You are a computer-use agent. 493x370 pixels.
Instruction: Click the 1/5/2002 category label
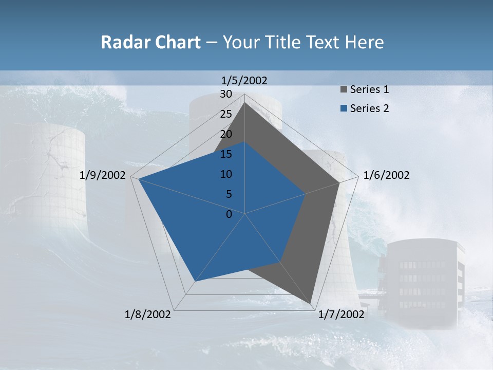point(244,80)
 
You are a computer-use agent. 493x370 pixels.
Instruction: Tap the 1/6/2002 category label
point(386,175)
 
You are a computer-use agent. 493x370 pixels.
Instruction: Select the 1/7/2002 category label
point(341,314)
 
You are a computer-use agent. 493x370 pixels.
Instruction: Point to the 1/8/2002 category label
point(148,314)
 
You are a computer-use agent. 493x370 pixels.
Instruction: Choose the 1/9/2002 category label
point(103,175)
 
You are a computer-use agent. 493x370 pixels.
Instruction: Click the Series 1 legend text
point(369,89)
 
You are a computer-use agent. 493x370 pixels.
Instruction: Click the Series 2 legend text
point(369,108)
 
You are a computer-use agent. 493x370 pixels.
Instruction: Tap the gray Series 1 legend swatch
point(343,90)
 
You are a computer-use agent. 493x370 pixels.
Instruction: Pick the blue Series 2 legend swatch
point(343,108)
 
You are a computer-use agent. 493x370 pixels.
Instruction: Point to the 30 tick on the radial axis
point(226,94)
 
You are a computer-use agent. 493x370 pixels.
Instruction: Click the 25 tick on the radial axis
point(226,114)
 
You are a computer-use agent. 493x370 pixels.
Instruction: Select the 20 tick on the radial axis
point(226,134)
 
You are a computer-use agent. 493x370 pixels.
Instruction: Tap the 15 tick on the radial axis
point(226,154)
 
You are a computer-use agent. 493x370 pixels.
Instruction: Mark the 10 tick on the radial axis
point(226,174)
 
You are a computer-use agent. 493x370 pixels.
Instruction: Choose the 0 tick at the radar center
point(229,214)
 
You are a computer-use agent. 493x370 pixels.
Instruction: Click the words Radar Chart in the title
point(150,43)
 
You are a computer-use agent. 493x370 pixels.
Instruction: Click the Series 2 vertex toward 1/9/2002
point(139,179)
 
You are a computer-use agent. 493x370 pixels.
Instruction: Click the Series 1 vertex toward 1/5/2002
point(244,103)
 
